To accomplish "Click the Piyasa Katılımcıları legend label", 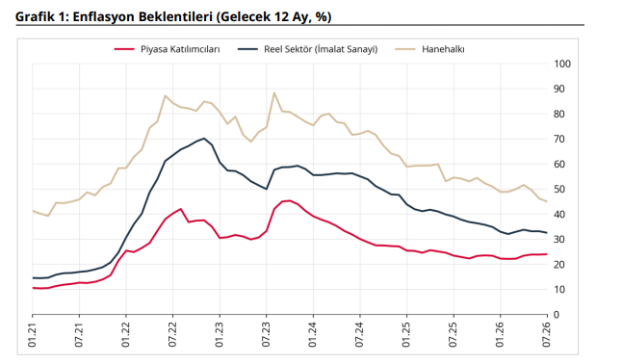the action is click(180, 49).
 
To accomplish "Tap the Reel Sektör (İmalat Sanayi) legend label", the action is click(321, 49).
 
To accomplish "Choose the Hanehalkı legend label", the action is click(443, 49).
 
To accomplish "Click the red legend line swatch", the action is click(124, 49).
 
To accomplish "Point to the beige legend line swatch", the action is click(405, 49).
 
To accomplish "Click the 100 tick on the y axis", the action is click(562, 64).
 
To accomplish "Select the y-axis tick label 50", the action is click(559, 190).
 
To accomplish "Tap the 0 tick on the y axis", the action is click(557, 315).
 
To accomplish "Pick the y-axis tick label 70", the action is click(559, 140).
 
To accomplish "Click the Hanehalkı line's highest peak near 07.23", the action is click(274, 92).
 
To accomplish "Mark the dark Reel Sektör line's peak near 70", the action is click(204, 138).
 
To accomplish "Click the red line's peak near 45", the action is click(290, 200).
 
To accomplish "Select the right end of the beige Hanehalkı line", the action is click(547, 201).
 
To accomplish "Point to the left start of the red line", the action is click(33, 288).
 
